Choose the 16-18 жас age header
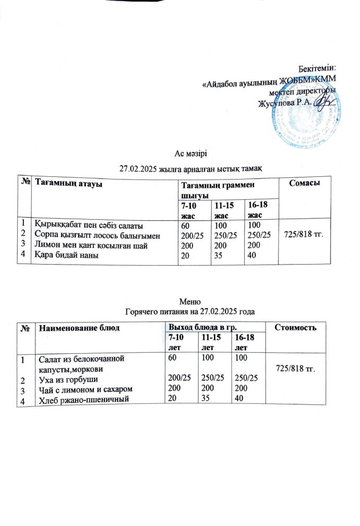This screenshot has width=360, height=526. point(256,211)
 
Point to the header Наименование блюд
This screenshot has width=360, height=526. point(79,328)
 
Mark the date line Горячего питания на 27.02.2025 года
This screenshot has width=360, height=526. point(190,312)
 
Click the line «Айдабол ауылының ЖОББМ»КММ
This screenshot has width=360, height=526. point(269,79)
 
